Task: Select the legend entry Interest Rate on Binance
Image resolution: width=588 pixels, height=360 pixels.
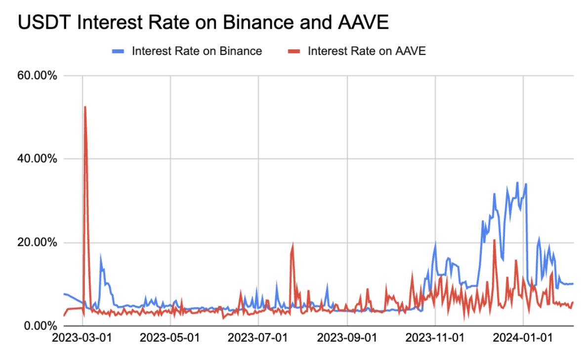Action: (197, 51)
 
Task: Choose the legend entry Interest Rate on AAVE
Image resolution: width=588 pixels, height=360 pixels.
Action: (366, 51)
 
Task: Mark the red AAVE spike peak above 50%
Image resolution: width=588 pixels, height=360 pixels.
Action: (85, 107)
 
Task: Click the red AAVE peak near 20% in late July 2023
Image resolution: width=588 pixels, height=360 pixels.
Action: (293, 244)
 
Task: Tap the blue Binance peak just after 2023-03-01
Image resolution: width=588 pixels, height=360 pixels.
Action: (101, 256)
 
